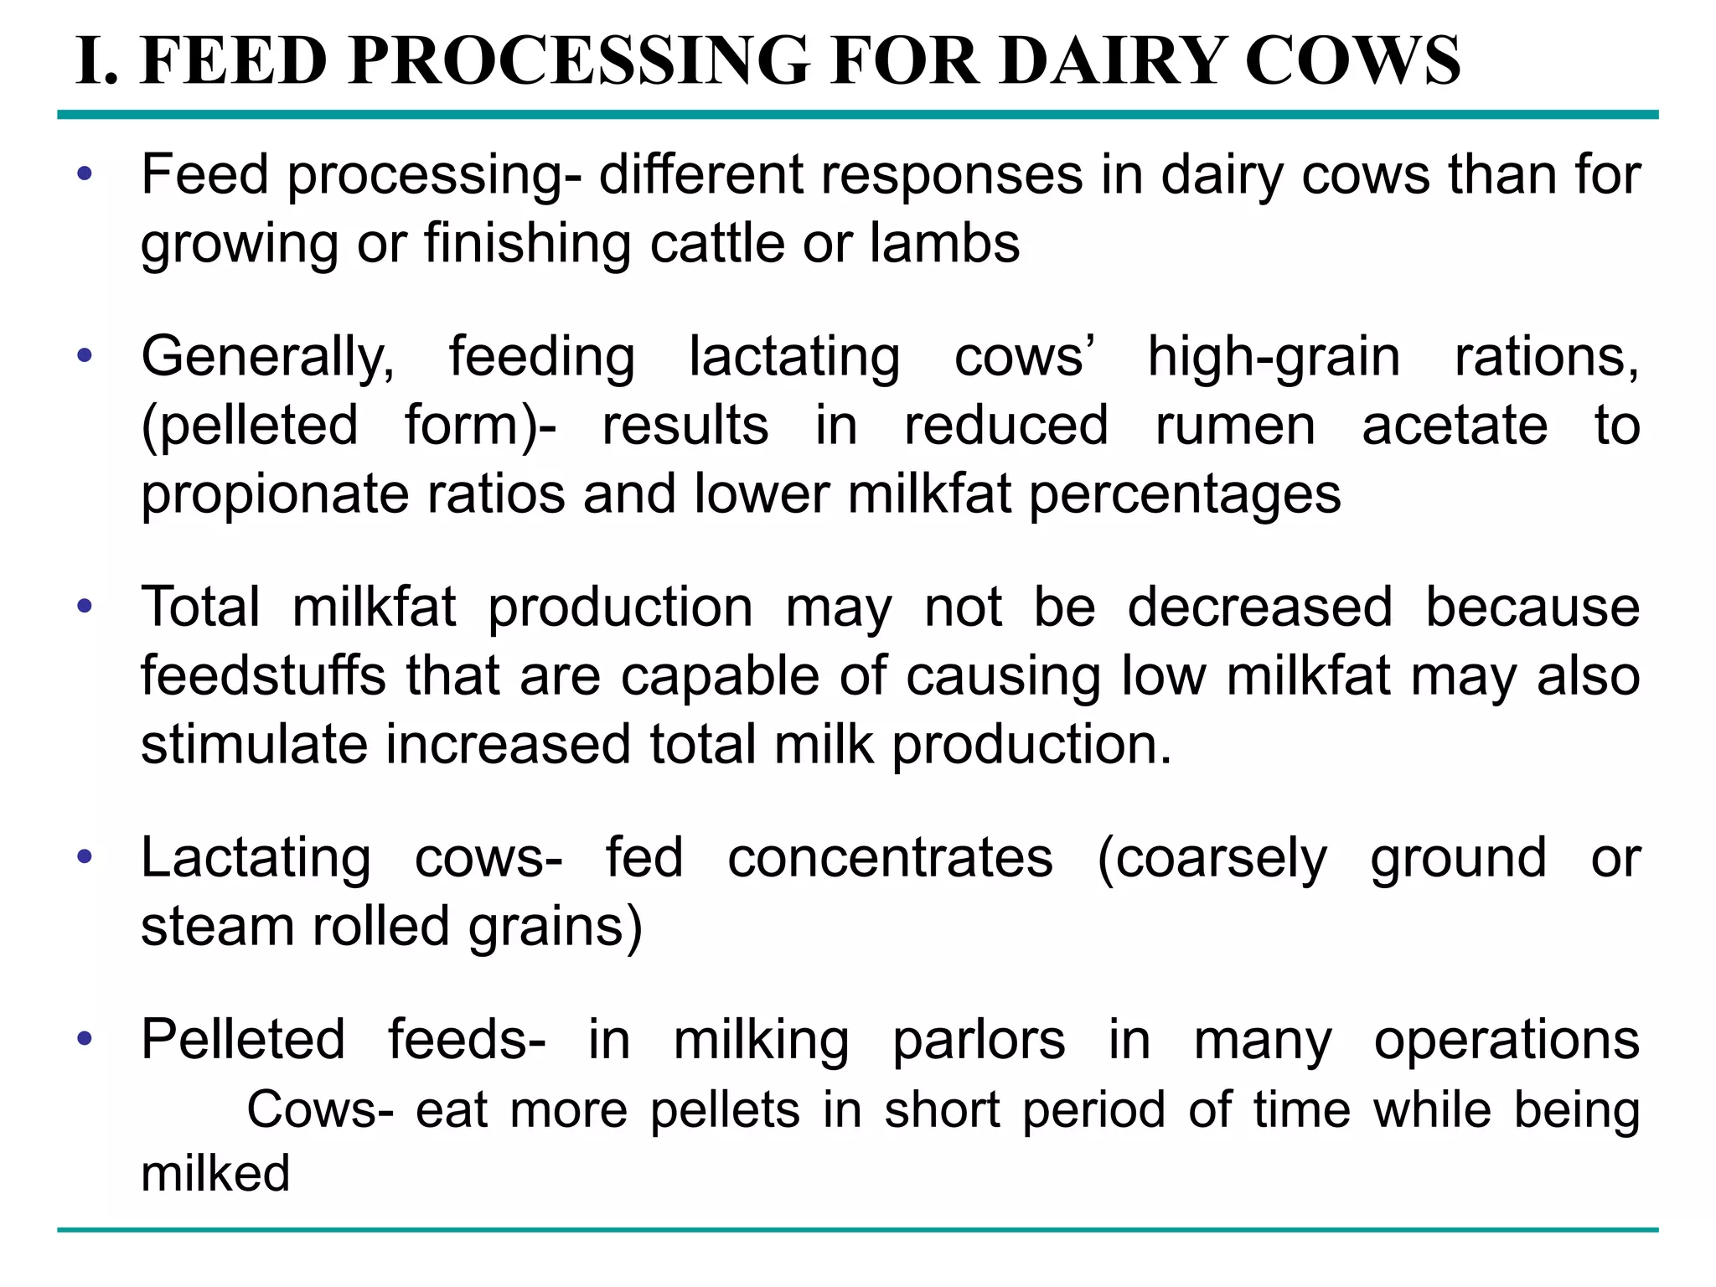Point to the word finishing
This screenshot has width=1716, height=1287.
[x=527, y=245]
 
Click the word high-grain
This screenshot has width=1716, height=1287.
[x=1274, y=358]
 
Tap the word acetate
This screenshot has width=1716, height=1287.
[x=1455, y=425]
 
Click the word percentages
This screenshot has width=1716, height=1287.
[x=1185, y=495]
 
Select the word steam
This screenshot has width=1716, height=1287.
[x=216, y=927]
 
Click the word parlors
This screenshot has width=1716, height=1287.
[x=979, y=1041]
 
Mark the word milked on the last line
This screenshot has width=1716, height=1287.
[x=215, y=1173]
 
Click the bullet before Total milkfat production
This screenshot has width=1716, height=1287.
[x=84, y=605]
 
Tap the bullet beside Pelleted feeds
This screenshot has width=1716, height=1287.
[x=84, y=1038]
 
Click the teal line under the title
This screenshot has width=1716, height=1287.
[x=858, y=115]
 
